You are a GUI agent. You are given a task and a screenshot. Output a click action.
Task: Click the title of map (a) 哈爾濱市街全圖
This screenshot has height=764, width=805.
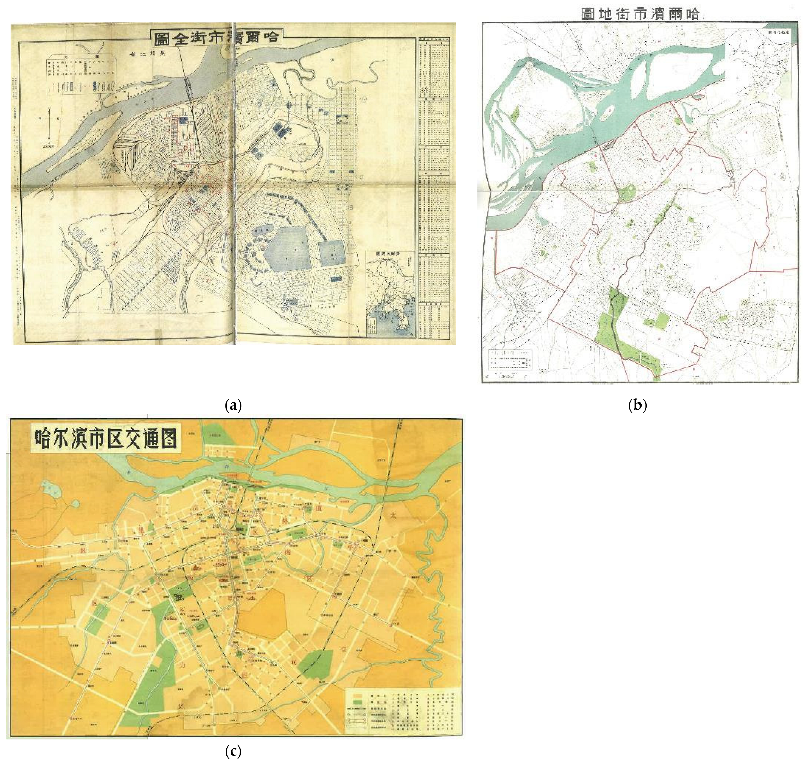coord(216,39)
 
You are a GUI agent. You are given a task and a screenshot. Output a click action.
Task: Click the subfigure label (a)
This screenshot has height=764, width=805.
coord(233,405)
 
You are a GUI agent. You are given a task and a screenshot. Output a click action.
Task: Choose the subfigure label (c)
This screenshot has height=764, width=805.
coord(233,752)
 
